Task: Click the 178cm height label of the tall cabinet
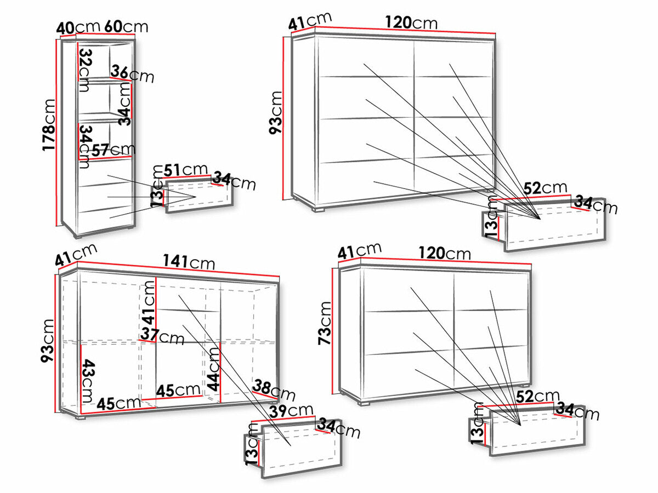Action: click(x=49, y=125)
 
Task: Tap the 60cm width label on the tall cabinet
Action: click(x=126, y=27)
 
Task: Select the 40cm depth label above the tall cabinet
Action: click(x=78, y=27)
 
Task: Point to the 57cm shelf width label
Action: click(x=114, y=150)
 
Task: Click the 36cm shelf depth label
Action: click(x=132, y=74)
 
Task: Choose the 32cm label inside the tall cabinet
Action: click(x=84, y=70)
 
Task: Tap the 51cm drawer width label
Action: click(x=185, y=170)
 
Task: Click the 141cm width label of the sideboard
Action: click(x=189, y=262)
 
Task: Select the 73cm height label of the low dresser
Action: click(x=325, y=323)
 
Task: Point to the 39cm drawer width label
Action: click(x=291, y=411)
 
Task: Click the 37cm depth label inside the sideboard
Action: click(x=162, y=336)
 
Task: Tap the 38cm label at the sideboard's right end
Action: click(x=274, y=390)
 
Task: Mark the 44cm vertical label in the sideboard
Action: click(x=214, y=369)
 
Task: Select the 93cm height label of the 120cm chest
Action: click(x=276, y=113)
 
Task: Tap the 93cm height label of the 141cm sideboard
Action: click(x=48, y=341)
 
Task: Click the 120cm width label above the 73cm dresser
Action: click(x=445, y=253)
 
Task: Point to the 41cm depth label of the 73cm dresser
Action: click(x=360, y=250)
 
